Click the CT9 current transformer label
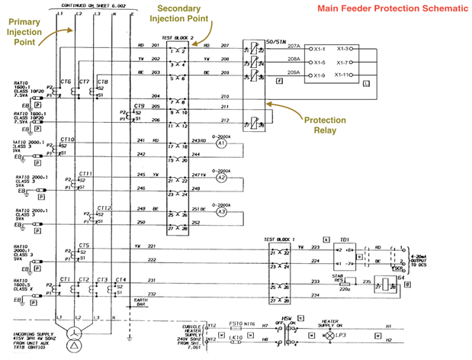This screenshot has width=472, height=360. [140, 106]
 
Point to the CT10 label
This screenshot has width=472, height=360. [67, 140]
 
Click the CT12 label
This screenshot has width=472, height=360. [104, 207]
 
